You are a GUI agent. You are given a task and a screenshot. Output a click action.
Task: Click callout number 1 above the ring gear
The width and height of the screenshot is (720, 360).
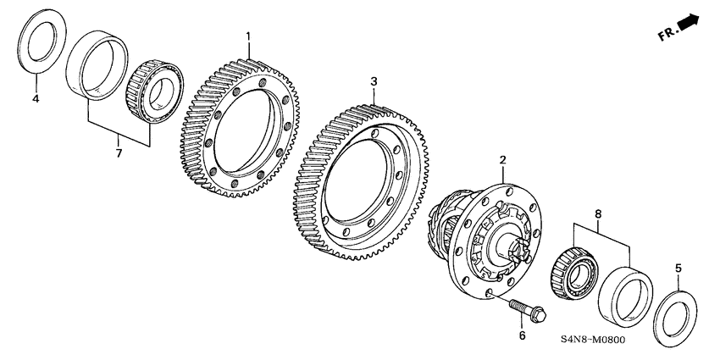tap(248, 36)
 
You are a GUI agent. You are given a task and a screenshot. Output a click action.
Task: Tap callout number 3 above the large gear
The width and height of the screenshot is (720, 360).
tap(374, 81)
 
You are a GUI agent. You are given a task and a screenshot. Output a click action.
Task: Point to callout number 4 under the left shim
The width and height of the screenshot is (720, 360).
tap(36, 100)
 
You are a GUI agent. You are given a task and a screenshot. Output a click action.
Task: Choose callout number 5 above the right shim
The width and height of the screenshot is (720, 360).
tap(677, 269)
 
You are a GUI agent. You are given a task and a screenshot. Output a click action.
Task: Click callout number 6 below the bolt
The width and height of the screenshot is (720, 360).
tap(522, 336)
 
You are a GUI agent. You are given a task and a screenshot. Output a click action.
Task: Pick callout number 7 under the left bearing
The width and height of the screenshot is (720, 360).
tap(119, 152)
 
